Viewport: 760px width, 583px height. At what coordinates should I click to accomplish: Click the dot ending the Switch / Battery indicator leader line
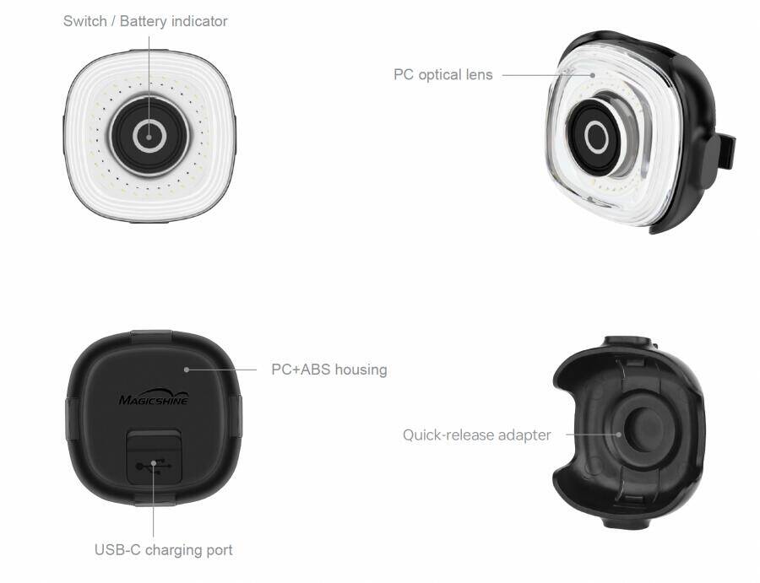coord(149,137)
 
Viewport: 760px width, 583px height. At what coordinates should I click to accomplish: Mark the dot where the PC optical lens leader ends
coord(592,75)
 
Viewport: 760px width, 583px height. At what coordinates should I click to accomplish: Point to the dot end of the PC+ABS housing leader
coord(187,370)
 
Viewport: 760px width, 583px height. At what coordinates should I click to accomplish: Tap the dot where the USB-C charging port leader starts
coord(153,463)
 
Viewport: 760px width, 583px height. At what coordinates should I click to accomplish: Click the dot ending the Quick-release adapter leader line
coord(618,435)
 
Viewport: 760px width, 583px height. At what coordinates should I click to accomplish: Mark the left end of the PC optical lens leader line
coord(502,75)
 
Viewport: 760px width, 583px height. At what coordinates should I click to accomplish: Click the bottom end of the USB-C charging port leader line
coord(153,537)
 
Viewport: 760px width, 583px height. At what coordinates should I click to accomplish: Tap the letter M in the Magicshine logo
coord(125,400)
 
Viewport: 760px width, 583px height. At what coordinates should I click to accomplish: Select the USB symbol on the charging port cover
coord(155,466)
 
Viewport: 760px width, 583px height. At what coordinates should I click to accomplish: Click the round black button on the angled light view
coord(595,137)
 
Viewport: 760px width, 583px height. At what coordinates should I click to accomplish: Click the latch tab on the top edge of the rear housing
coord(151,335)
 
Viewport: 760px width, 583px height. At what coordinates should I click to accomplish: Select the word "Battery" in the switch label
coord(144,21)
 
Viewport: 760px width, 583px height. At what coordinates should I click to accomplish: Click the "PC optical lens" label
coord(443,75)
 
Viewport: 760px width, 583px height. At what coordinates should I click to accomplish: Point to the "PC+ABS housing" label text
coord(329,370)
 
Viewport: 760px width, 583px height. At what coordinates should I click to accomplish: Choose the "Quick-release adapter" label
coord(477,435)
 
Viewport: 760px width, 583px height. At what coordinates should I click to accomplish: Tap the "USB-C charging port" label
coord(163,550)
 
